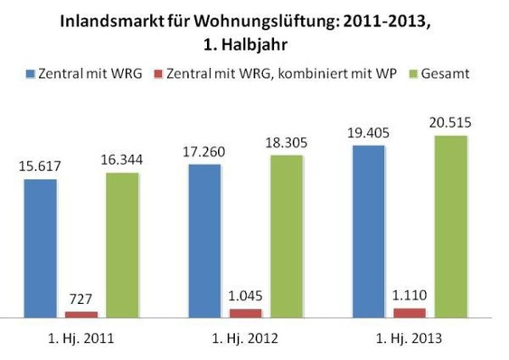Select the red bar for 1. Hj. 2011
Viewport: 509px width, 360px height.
tap(81, 315)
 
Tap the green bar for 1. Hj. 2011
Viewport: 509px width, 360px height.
tap(122, 245)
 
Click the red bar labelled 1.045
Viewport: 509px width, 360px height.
tap(245, 313)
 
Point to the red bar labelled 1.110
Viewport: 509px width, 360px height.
tap(410, 313)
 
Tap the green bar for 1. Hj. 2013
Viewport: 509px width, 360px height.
tap(450, 227)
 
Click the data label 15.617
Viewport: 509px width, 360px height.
tap(41, 166)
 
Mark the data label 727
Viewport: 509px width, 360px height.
tap(81, 297)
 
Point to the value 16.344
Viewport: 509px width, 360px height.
tap(122, 159)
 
